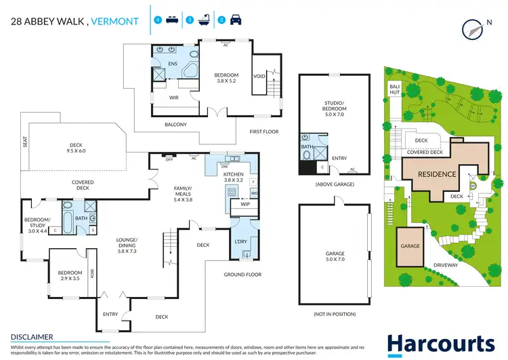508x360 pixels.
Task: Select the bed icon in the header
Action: (x=172, y=20)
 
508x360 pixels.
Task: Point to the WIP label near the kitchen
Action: (x=245, y=204)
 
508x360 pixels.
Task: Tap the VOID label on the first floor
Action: (x=259, y=77)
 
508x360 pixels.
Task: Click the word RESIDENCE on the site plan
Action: (x=436, y=174)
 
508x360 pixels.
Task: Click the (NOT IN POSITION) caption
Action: (x=335, y=315)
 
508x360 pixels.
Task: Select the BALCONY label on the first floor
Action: (x=176, y=125)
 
